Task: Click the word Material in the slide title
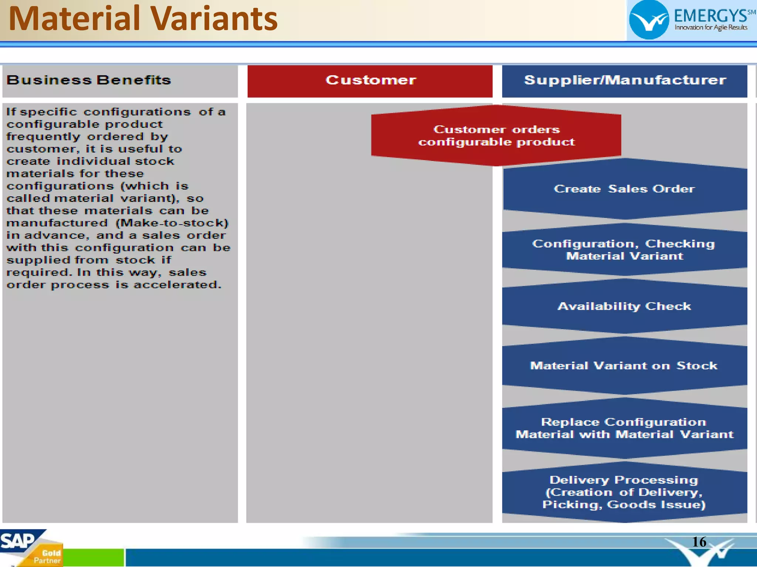coord(74,19)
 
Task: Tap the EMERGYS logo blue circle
coord(649,20)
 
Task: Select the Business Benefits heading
coord(89,80)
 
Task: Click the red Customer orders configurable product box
coord(496,136)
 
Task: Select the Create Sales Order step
coord(624,189)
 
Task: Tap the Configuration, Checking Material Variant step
coord(624,250)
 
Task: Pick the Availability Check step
coord(624,306)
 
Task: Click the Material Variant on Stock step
coord(624,366)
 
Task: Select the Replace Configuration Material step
coord(624,428)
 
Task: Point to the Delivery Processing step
coord(624,492)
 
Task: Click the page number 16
coord(699,542)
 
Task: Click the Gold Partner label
coord(48,557)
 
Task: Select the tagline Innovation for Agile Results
coord(711,27)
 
